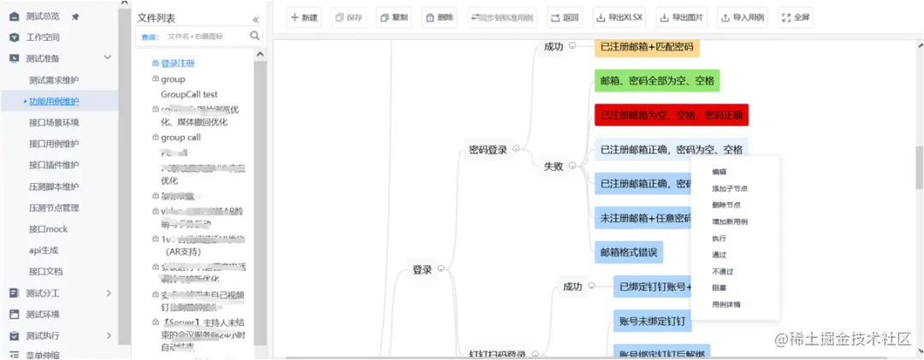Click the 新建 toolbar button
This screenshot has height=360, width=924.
pyautogui.click(x=304, y=17)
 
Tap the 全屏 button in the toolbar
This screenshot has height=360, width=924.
pyautogui.click(x=797, y=17)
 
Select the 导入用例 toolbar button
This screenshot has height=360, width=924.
pyautogui.click(x=743, y=17)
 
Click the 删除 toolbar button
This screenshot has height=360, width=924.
pyautogui.click(x=440, y=17)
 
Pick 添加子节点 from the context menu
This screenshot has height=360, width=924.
pyautogui.click(x=730, y=188)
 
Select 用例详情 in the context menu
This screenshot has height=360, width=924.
pyautogui.click(x=726, y=304)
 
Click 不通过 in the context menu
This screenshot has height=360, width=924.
pyautogui.click(x=722, y=271)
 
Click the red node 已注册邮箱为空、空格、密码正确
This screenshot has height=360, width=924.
pyautogui.click(x=671, y=115)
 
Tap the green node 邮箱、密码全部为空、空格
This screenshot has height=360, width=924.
pyautogui.click(x=657, y=80)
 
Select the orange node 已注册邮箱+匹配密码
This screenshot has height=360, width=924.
pyautogui.click(x=646, y=46)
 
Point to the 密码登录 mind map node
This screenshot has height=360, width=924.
pyautogui.click(x=488, y=150)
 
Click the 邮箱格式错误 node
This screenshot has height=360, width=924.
pyautogui.click(x=628, y=252)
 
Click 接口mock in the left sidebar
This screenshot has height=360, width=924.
pyautogui.click(x=48, y=229)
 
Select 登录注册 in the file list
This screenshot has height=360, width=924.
pyautogui.click(x=177, y=63)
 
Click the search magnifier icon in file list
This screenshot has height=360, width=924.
pyautogui.click(x=255, y=36)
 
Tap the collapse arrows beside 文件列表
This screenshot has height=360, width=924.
pyautogui.click(x=255, y=18)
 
